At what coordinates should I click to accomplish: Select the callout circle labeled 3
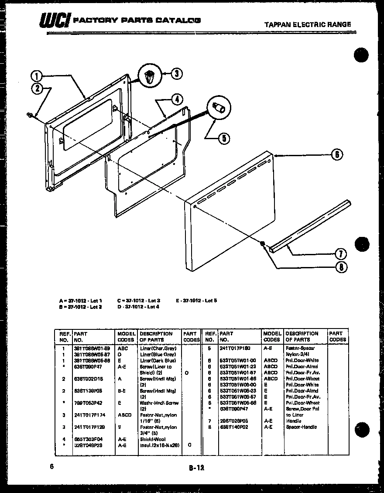coord(176,73)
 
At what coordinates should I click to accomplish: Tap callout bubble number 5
coord(223,138)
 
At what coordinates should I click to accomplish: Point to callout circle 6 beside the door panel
coord(336,154)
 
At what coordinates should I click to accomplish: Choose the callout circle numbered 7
coord(340,254)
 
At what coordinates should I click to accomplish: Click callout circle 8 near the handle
coord(340,267)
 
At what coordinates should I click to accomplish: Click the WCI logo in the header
coord(55,20)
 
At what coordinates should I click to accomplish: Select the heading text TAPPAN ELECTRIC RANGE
coord(308,24)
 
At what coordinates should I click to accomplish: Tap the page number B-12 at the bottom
coord(196,468)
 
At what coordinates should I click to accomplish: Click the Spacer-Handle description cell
coord(301,427)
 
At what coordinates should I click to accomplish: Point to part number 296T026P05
coord(234,421)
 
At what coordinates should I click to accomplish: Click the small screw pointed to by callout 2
coord(30,115)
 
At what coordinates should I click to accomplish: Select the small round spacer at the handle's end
coord(263,244)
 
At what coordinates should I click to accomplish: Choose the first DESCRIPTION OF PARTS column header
coord(156,336)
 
